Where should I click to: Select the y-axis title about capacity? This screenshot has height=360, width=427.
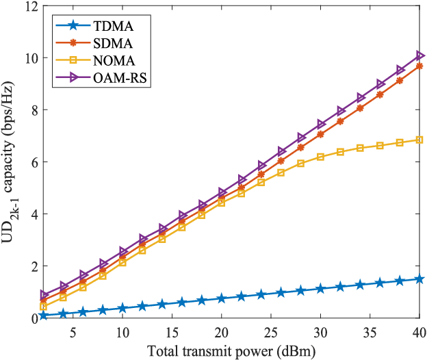[x=10, y=163]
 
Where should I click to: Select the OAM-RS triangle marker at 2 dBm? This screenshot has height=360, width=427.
[x=44, y=294]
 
